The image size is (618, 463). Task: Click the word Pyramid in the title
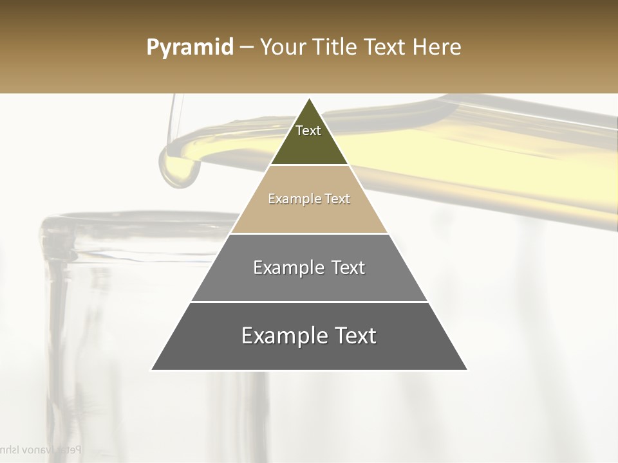point(190,48)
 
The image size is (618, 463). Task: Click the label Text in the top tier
point(308,131)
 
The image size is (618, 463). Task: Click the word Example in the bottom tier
point(284,336)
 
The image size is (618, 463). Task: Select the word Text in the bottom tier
point(355,336)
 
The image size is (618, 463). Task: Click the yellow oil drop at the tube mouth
point(180,168)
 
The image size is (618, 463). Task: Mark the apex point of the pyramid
point(309,99)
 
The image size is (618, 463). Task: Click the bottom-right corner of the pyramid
point(467,370)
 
